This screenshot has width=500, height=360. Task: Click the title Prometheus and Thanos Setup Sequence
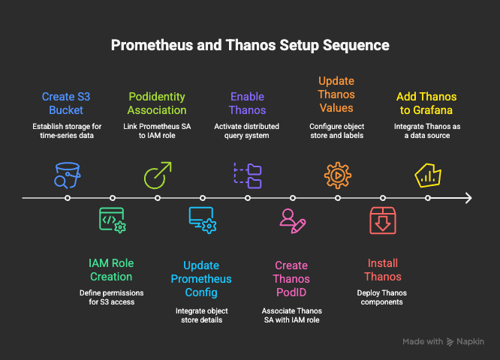pyautogui.click(x=250, y=45)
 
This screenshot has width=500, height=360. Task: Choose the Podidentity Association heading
pyautogui.click(x=158, y=103)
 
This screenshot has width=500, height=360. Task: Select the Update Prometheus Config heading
pyautogui.click(x=202, y=278)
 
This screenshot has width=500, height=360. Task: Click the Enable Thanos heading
pyautogui.click(x=248, y=103)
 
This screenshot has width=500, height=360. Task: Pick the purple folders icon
pyautogui.click(x=248, y=175)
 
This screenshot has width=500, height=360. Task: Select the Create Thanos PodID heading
pyautogui.click(x=291, y=278)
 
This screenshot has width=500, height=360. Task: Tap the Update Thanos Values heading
pyautogui.click(x=337, y=94)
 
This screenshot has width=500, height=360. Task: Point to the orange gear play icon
pyautogui.click(x=337, y=175)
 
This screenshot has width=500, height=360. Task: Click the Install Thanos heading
pyautogui.click(x=382, y=269)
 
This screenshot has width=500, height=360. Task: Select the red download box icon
pyautogui.click(x=382, y=220)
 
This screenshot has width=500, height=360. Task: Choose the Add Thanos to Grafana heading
pyautogui.click(x=426, y=103)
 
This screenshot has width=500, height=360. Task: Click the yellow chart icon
pyautogui.click(x=427, y=175)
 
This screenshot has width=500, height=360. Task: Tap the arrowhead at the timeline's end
pyautogui.click(x=468, y=198)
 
